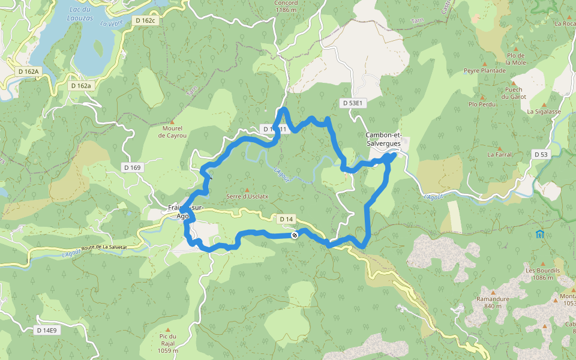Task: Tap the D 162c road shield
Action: [x=145, y=20]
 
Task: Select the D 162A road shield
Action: [x=28, y=71]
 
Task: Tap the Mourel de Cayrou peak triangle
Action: [x=172, y=122]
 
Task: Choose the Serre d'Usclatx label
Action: [x=247, y=196]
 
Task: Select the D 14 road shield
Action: [x=286, y=220]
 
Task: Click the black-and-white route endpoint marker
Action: [x=295, y=235]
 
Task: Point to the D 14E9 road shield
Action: [x=46, y=330]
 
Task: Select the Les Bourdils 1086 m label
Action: [x=542, y=274]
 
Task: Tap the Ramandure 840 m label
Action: [x=492, y=302]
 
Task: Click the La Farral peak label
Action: [x=499, y=154]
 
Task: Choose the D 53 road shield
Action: [x=541, y=154]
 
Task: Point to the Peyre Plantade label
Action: [x=484, y=70]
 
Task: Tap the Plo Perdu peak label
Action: [x=482, y=104]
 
